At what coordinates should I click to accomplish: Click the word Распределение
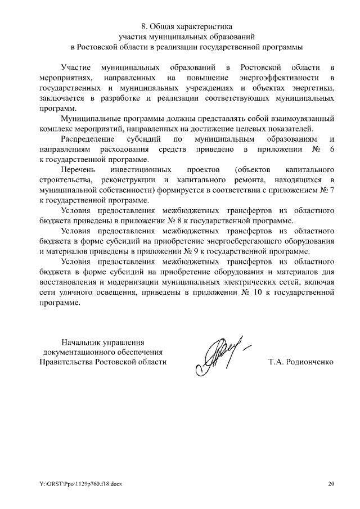pyautogui.click(x=88, y=139)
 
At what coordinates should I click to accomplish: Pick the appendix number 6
pyautogui.click(x=332, y=149)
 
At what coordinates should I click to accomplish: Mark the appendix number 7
pyautogui.click(x=332, y=190)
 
